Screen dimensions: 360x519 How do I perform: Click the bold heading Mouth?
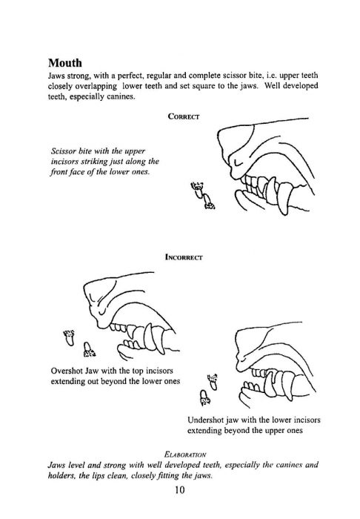[64, 62]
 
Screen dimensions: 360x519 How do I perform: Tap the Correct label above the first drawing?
[184, 116]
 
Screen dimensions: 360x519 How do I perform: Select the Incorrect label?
[184, 257]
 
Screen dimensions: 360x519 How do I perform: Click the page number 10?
[180, 490]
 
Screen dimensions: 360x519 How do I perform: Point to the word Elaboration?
[184, 454]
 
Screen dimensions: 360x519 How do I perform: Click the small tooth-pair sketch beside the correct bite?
[202, 195]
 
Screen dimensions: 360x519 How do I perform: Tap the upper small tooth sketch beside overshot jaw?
[69, 337]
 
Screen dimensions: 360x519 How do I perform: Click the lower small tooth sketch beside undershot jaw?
[205, 397]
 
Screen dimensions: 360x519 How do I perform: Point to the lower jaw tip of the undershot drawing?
[243, 391]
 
